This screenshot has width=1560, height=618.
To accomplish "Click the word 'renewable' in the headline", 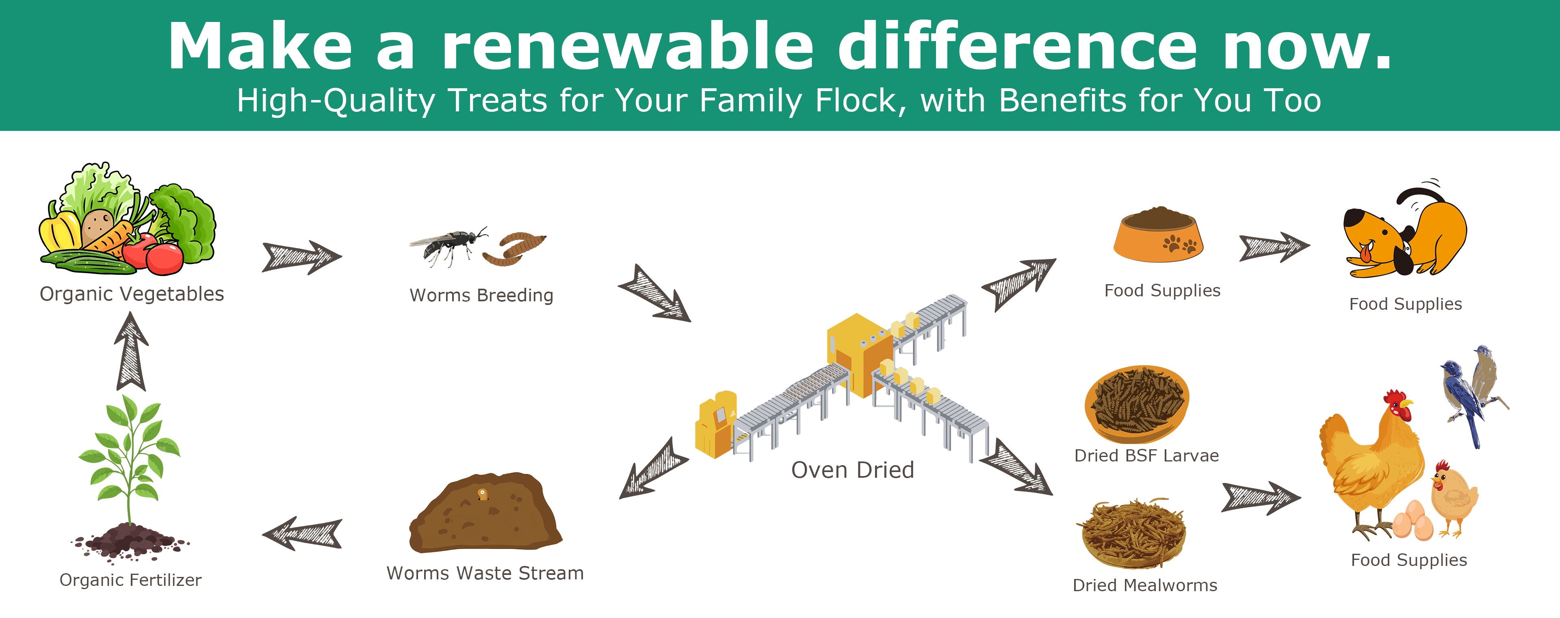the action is pyautogui.click(x=627, y=46).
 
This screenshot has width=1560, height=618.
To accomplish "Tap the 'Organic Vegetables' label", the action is pyautogui.click(x=132, y=294).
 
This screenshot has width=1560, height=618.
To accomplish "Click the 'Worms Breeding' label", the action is pyautogui.click(x=481, y=295).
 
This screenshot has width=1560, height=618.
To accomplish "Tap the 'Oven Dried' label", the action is pyautogui.click(x=853, y=470).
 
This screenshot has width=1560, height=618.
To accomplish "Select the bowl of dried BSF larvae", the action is pyautogui.click(x=1137, y=404).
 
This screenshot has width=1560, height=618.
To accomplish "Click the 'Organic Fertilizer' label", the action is pyautogui.click(x=130, y=580).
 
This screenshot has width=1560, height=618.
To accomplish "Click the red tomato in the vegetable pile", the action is pyautogui.click(x=165, y=257).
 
